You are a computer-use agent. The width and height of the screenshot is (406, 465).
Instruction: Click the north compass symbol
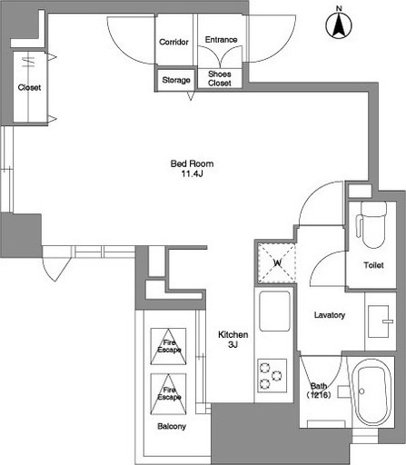(x=339, y=24)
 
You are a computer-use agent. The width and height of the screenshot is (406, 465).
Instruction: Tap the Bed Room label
(x=192, y=163)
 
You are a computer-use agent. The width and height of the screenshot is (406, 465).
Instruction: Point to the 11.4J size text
(x=192, y=173)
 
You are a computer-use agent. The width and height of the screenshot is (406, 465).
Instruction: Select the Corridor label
(x=173, y=42)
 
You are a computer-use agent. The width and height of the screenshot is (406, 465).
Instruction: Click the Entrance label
(x=221, y=40)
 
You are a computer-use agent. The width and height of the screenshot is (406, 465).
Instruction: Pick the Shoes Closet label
(x=220, y=78)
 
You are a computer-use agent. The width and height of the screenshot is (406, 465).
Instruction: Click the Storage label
(x=176, y=80)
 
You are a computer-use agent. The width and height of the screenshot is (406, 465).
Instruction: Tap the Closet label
(x=29, y=87)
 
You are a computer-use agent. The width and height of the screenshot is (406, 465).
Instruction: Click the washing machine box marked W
(x=276, y=262)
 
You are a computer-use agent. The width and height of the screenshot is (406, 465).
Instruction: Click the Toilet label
(x=373, y=265)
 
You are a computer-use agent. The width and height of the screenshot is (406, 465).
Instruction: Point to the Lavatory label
(x=330, y=315)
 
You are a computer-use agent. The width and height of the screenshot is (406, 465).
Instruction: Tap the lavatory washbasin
(x=379, y=322)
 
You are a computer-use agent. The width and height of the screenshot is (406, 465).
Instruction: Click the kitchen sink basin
(x=275, y=311)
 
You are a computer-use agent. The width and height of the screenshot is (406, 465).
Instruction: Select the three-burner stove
(x=272, y=375)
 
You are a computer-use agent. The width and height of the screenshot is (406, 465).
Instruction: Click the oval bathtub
(x=371, y=393)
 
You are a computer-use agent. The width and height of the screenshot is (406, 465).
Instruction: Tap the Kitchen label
(x=233, y=334)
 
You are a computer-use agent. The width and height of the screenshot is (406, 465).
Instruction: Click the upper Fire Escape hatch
(x=168, y=346)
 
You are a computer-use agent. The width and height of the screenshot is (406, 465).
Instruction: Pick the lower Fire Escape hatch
(x=168, y=394)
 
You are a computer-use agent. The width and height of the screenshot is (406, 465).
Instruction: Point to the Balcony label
(x=172, y=427)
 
